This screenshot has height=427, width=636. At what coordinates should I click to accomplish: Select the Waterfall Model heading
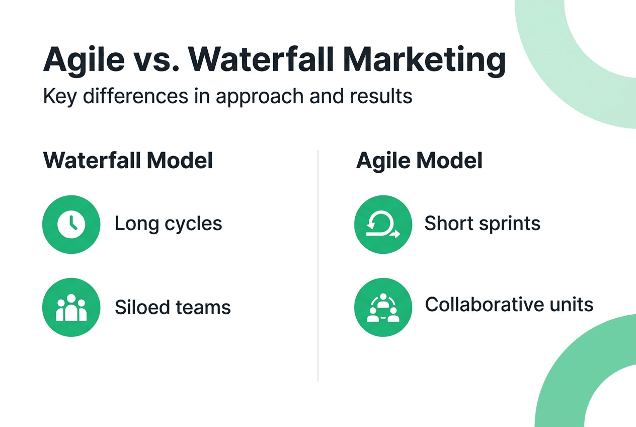pyautogui.click(x=128, y=161)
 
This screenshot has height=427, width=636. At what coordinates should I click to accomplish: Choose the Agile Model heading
pyautogui.click(x=419, y=161)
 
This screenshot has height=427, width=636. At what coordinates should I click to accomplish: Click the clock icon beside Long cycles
pyautogui.click(x=71, y=224)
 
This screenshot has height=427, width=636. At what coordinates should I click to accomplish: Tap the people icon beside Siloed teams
pyautogui.click(x=71, y=308)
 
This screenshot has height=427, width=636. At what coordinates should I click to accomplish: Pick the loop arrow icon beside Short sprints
pyautogui.click(x=383, y=224)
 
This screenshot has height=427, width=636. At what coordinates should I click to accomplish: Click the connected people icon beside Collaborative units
pyautogui.click(x=383, y=308)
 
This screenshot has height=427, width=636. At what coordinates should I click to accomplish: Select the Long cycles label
pyautogui.click(x=169, y=224)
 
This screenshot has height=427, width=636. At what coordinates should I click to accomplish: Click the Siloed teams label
pyautogui.click(x=173, y=307)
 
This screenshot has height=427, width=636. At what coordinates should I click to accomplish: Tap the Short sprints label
pyautogui.click(x=482, y=224)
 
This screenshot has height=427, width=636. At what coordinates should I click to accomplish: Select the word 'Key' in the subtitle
pyautogui.click(x=60, y=96)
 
